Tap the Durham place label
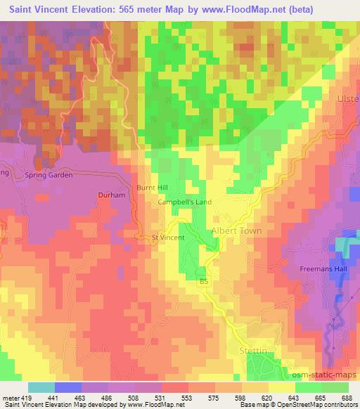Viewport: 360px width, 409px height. point(111,195)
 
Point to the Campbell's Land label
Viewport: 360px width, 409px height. point(185,202)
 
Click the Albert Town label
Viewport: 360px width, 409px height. point(236,231)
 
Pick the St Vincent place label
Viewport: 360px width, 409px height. point(168,238)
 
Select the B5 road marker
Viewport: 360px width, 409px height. point(205,282)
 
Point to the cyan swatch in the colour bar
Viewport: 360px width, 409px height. point(41,387)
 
